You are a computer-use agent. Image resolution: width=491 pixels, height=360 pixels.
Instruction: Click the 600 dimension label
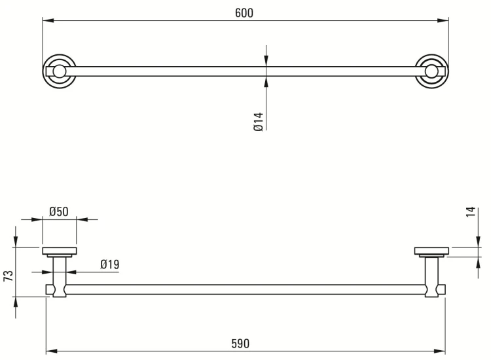pos(244,13)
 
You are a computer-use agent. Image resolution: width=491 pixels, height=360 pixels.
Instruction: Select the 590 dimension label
pos(240,344)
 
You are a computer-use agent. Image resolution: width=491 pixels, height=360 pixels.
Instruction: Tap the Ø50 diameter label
pos(58,211)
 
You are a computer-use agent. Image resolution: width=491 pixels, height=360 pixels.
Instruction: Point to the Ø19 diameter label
pos(109,264)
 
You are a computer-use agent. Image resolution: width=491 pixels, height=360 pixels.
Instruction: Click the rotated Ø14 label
pos(259,122)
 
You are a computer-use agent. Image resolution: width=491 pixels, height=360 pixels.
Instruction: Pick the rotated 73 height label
pos(9,276)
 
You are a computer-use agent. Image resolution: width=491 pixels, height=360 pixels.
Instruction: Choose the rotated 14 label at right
pos(471,212)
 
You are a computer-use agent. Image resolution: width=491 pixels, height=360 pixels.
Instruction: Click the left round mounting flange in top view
pos(59,71)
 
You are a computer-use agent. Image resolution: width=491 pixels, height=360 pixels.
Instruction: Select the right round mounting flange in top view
pos(432,71)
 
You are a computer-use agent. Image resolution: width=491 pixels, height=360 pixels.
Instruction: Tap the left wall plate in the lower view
pos(60,251)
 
